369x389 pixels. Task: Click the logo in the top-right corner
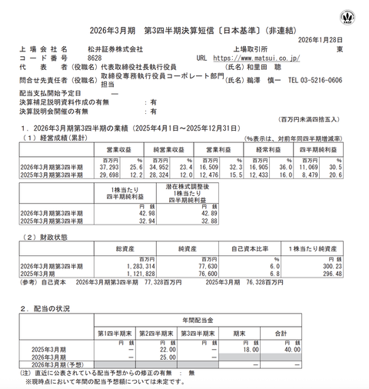[352, 15]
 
